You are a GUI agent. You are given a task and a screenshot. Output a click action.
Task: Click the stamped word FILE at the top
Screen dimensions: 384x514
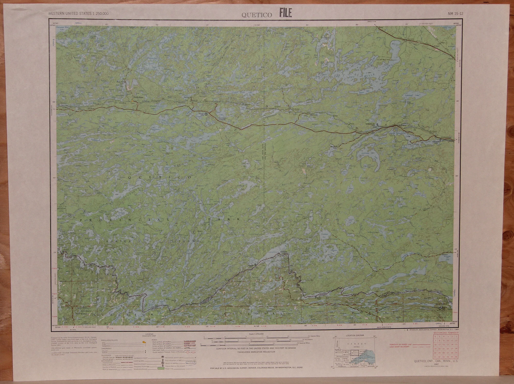[x=285, y=13]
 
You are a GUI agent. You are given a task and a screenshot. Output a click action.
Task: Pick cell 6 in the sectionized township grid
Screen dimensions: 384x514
[x=435, y=336]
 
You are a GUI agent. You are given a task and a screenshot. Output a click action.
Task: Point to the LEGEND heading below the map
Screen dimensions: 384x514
[x=149, y=334]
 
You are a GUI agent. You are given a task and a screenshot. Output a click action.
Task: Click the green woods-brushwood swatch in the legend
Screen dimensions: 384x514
[x=161, y=369]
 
